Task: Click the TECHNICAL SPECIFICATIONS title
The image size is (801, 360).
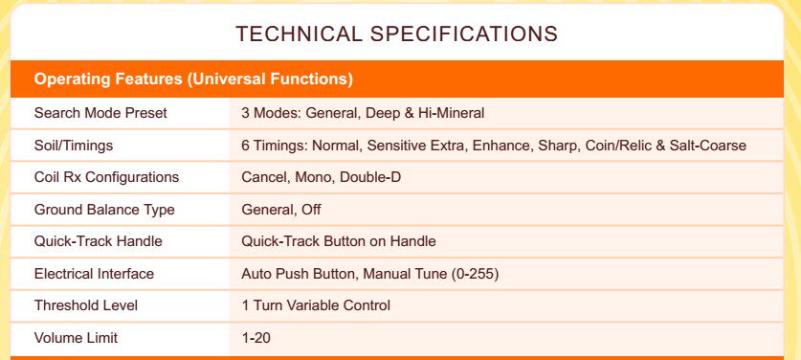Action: (396, 34)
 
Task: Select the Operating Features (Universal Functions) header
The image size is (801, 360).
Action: (193, 79)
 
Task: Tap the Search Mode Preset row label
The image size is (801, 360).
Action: (100, 113)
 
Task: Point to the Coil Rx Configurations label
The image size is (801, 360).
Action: (106, 177)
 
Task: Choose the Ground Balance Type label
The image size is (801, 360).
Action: (104, 210)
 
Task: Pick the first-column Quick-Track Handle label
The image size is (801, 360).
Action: (98, 241)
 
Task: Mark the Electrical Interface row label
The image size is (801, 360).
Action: (94, 274)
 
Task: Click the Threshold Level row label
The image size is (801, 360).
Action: (86, 305)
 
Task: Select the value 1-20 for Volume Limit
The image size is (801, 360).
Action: (256, 338)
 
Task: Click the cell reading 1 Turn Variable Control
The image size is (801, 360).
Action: (316, 305)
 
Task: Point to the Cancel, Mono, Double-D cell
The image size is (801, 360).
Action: (321, 177)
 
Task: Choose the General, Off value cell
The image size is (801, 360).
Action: (281, 210)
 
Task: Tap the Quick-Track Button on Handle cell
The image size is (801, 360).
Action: (338, 241)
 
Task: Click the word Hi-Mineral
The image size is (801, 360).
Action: (451, 113)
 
